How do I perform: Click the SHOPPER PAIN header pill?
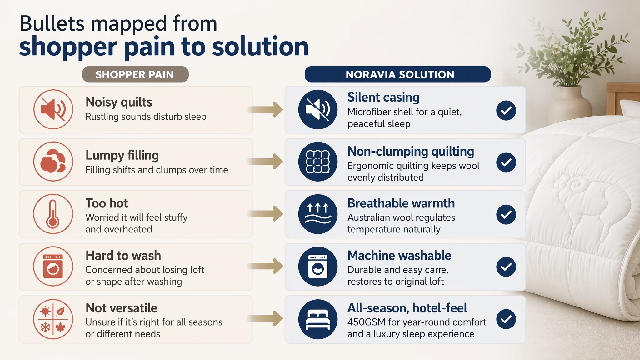coord(135,74)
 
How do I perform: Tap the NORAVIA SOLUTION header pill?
coord(398,74)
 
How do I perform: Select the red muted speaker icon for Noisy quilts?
coord(53,109)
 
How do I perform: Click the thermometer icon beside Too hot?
coord(53,214)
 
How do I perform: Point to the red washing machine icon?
coord(53,267)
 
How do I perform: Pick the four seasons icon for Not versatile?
coord(53,319)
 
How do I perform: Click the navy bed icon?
coord(318,319)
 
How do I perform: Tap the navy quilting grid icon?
coord(318,162)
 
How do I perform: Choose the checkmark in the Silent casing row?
coord(506,110)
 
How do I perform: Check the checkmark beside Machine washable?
coord(506,267)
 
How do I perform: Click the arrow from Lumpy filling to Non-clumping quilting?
coord(266,161)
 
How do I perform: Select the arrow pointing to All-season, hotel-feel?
coord(266,318)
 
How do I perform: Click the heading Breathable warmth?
coord(401,203)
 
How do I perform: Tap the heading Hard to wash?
coord(123,256)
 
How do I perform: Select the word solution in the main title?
coord(260,46)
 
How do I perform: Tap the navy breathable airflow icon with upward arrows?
coord(318,214)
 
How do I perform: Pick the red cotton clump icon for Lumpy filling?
coord(53,162)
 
